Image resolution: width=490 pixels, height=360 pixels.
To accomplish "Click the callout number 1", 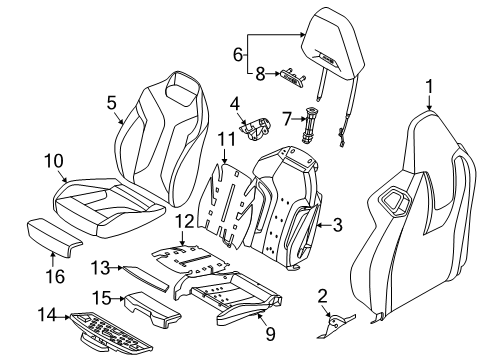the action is coord(429,86).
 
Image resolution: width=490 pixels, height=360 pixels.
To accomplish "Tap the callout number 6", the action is coord(238,54).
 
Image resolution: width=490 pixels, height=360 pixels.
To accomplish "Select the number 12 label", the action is coord(185,221).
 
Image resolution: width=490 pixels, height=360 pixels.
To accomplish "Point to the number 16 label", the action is coord(55,276).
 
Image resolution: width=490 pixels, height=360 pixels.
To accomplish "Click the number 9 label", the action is coord(270,333).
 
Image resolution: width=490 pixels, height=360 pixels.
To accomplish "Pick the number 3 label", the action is coord(338,225).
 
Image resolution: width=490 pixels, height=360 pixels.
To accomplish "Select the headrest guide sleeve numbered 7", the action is coord(309,125).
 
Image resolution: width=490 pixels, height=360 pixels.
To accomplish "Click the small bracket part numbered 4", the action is coord(256,128).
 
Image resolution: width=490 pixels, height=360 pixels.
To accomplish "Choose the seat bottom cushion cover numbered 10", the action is coord(107,207).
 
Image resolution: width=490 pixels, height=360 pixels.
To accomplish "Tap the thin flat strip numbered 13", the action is coord(147,278).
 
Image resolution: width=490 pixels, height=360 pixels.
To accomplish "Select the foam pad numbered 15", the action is coord(152,309).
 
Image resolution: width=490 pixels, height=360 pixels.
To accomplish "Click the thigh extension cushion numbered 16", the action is coord(53,237).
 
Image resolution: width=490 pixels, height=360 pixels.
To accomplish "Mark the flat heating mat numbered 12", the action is coord(190,258).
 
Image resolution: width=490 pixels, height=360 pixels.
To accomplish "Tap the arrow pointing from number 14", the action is coord(63,317).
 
